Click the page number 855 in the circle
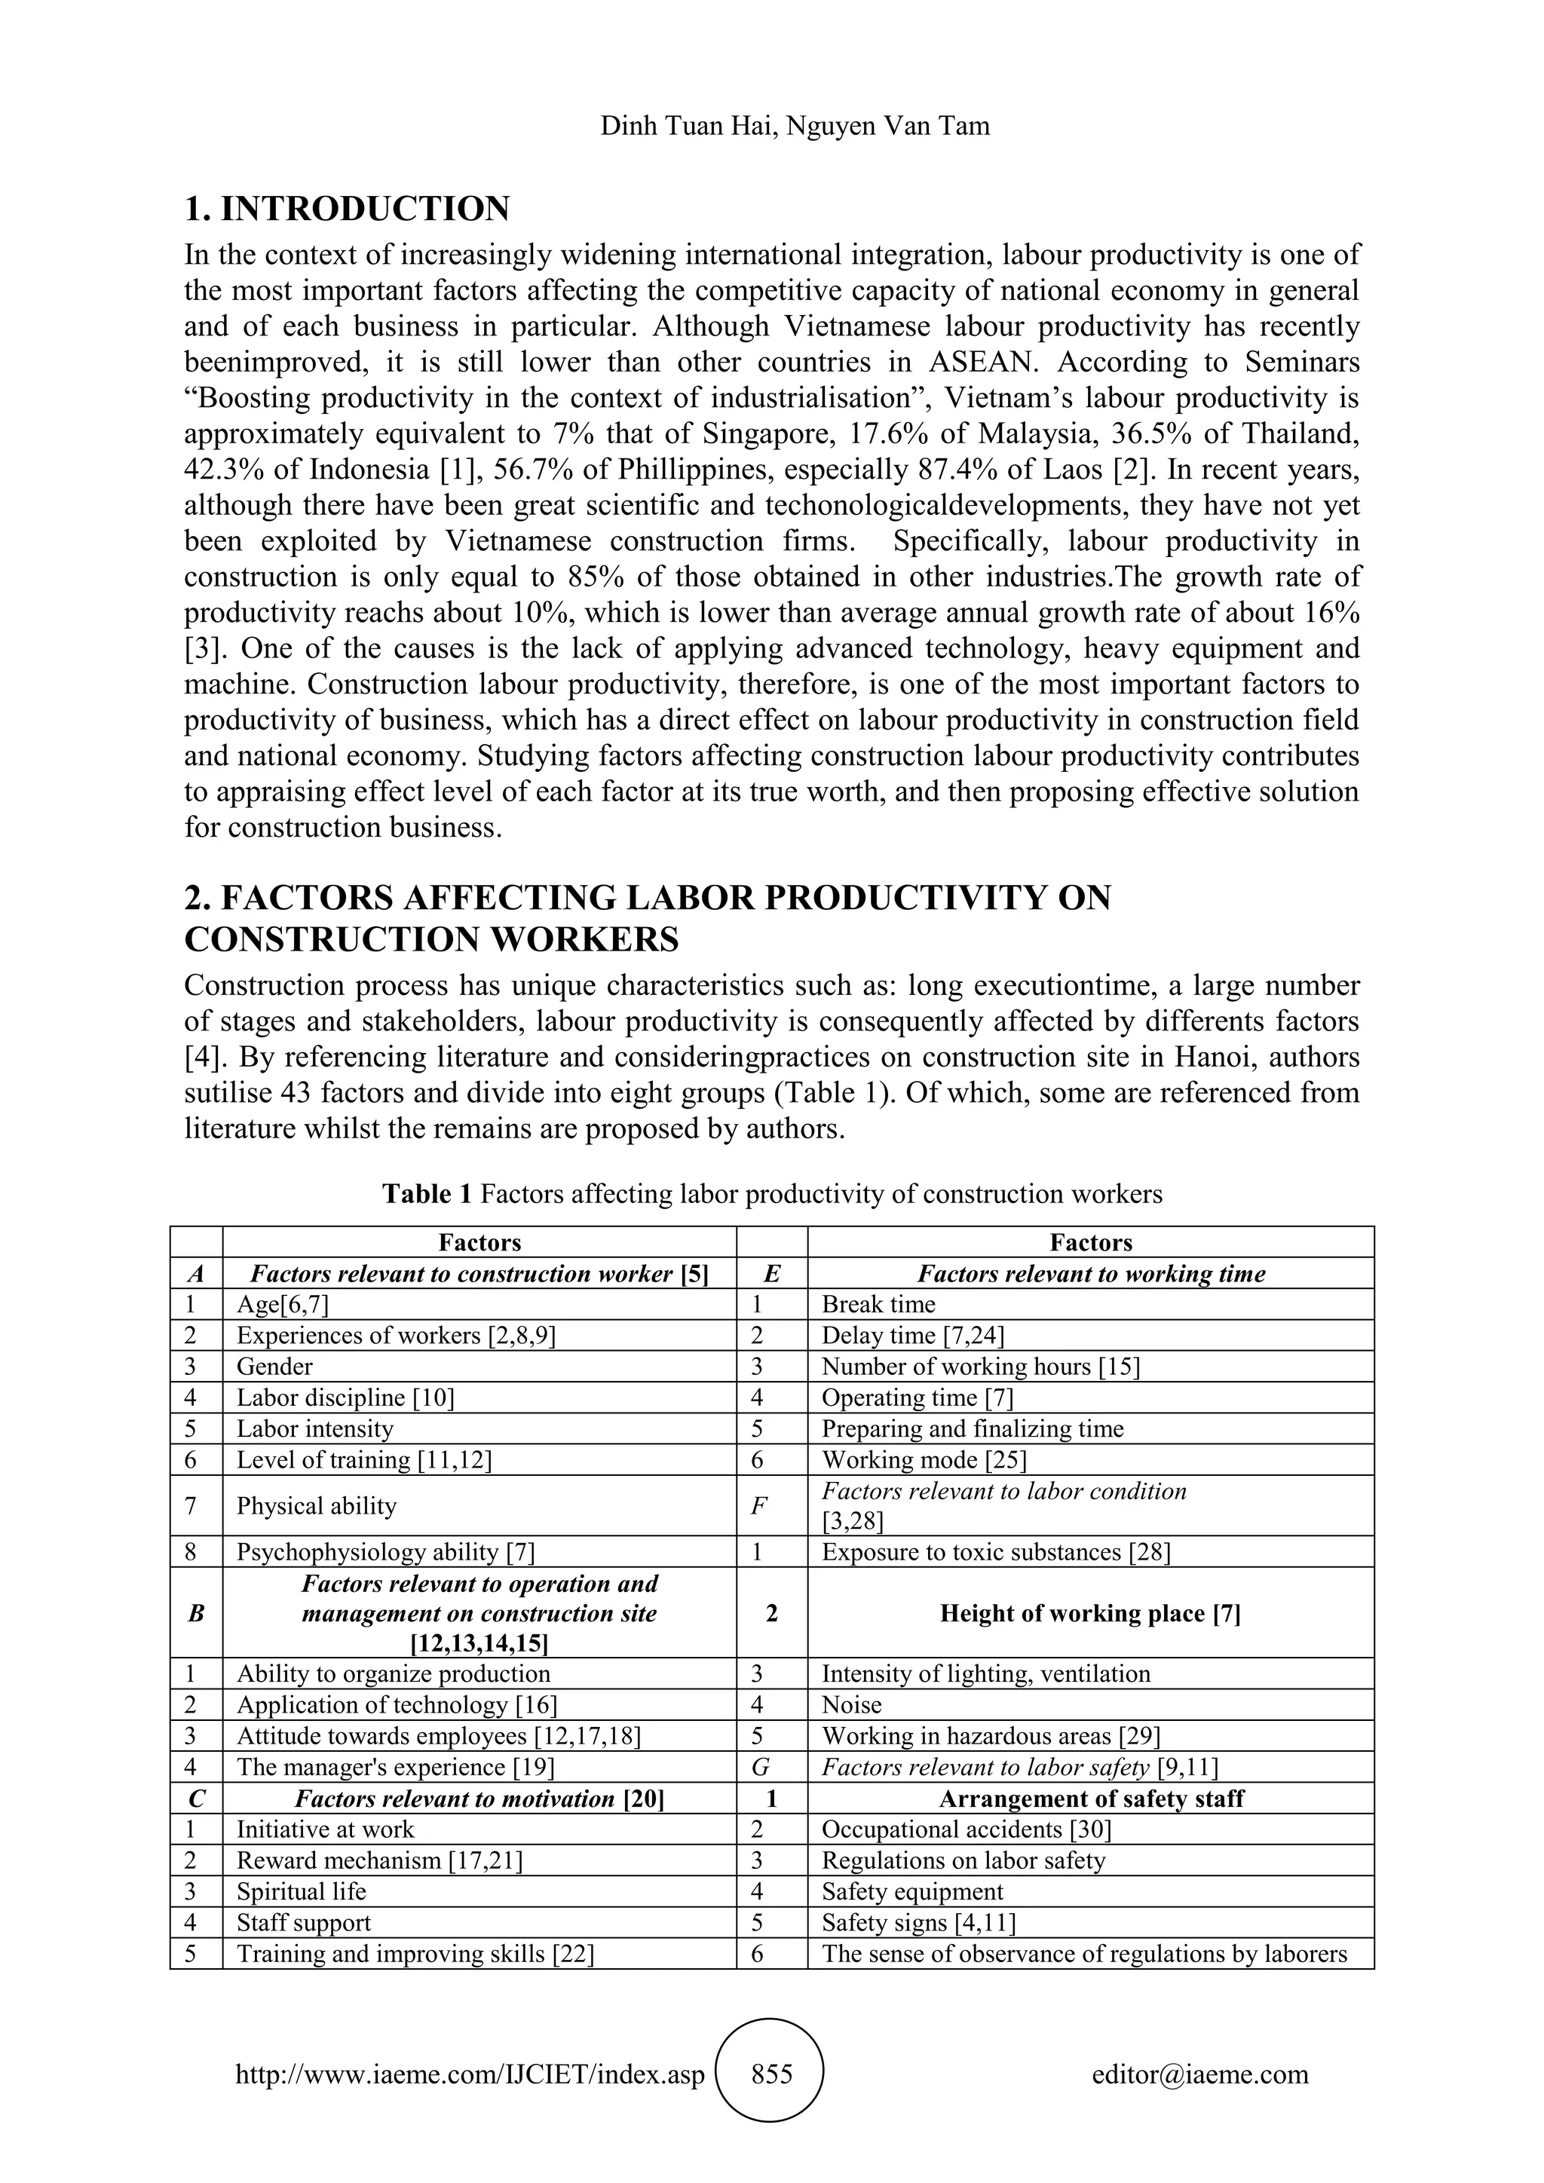[771, 2074]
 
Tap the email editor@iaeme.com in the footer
[1199, 2074]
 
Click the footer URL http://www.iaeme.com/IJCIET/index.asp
[470, 2074]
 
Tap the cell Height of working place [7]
[1089, 1612]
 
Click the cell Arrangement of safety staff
[1090, 1798]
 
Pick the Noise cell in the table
[852, 1705]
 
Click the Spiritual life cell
[302, 1891]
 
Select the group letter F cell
[771, 1506]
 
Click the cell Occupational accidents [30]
[966, 1829]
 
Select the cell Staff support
[305, 1922]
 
